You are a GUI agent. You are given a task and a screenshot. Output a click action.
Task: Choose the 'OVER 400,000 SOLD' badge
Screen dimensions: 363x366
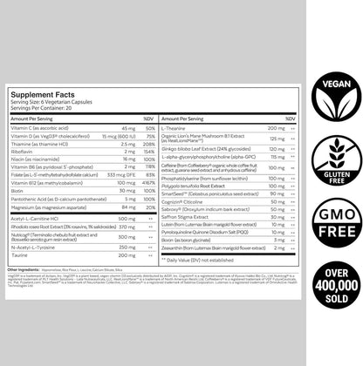[330, 307]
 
